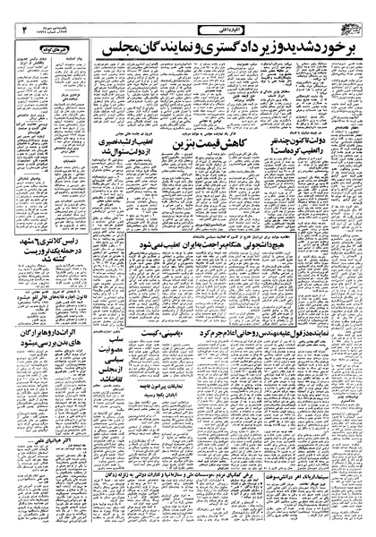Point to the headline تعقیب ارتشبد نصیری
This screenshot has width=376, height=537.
pyautogui.click(x=126, y=146)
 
